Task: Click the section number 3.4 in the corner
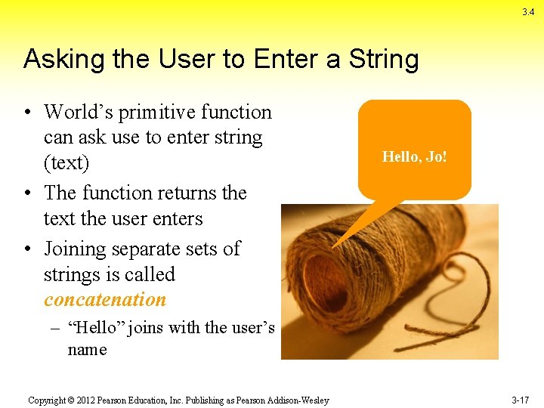527,12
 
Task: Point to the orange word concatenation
105,300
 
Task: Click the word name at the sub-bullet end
87,350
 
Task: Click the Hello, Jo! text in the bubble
414,157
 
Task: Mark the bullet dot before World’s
27,113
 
